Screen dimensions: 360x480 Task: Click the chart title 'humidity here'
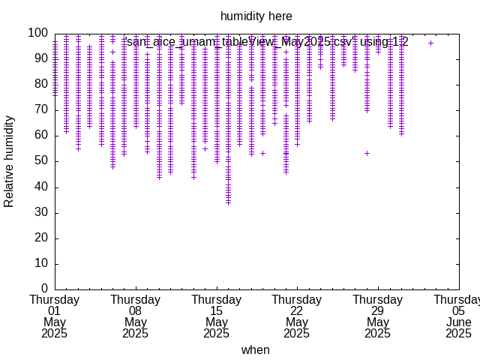pyautogui.click(x=256, y=16)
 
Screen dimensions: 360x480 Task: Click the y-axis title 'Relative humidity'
pyautogui.click(x=10, y=161)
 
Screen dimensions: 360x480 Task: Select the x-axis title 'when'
pyautogui.click(x=255, y=349)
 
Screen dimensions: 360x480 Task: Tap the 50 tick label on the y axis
pyautogui.click(x=41, y=161)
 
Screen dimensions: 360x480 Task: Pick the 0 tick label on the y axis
pyautogui.click(x=44, y=289)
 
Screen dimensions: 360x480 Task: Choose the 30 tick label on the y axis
pyautogui.click(x=41, y=212)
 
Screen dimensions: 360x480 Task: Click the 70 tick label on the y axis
pyautogui.click(x=41, y=110)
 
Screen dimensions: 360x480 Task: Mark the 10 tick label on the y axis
pyautogui.click(x=41, y=263)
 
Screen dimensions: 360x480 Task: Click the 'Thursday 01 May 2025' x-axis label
pyautogui.click(x=54, y=316)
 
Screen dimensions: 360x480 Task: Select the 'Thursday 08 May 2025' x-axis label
pyautogui.click(x=135, y=316)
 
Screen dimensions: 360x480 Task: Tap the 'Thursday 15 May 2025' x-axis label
pyautogui.click(x=216, y=316)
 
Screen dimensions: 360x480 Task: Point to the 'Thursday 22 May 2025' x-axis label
pyautogui.click(x=297, y=316)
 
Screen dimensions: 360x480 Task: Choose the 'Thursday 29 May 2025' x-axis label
pyautogui.click(x=378, y=316)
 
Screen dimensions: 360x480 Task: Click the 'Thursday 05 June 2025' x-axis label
pyautogui.click(x=458, y=316)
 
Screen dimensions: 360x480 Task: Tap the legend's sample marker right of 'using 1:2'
pyautogui.click(x=430, y=43)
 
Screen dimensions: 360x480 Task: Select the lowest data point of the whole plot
pyautogui.click(x=228, y=202)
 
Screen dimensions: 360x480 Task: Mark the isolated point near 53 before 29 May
pyautogui.click(x=367, y=153)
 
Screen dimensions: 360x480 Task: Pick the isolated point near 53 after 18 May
pyautogui.click(x=262, y=153)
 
